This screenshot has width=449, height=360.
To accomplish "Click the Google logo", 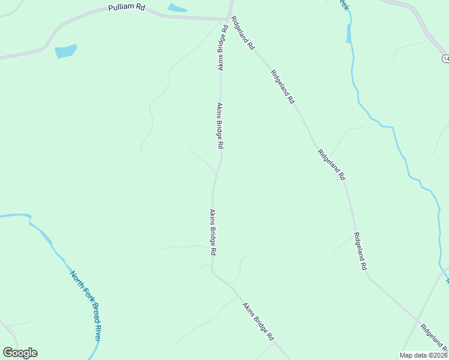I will [20, 353].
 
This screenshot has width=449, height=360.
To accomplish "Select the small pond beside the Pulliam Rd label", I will [177, 8].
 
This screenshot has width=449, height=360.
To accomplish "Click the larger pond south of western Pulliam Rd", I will [66, 51].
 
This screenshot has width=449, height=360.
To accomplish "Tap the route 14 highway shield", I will [445, 58].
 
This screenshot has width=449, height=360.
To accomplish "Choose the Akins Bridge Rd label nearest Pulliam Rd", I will [223, 47].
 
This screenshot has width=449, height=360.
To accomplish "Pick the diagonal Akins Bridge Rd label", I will [258, 321].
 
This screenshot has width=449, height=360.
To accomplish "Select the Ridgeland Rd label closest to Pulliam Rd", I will [243, 33].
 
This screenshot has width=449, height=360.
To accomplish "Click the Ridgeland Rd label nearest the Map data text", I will [433, 338].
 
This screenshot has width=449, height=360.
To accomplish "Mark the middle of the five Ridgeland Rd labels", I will [332, 164].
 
